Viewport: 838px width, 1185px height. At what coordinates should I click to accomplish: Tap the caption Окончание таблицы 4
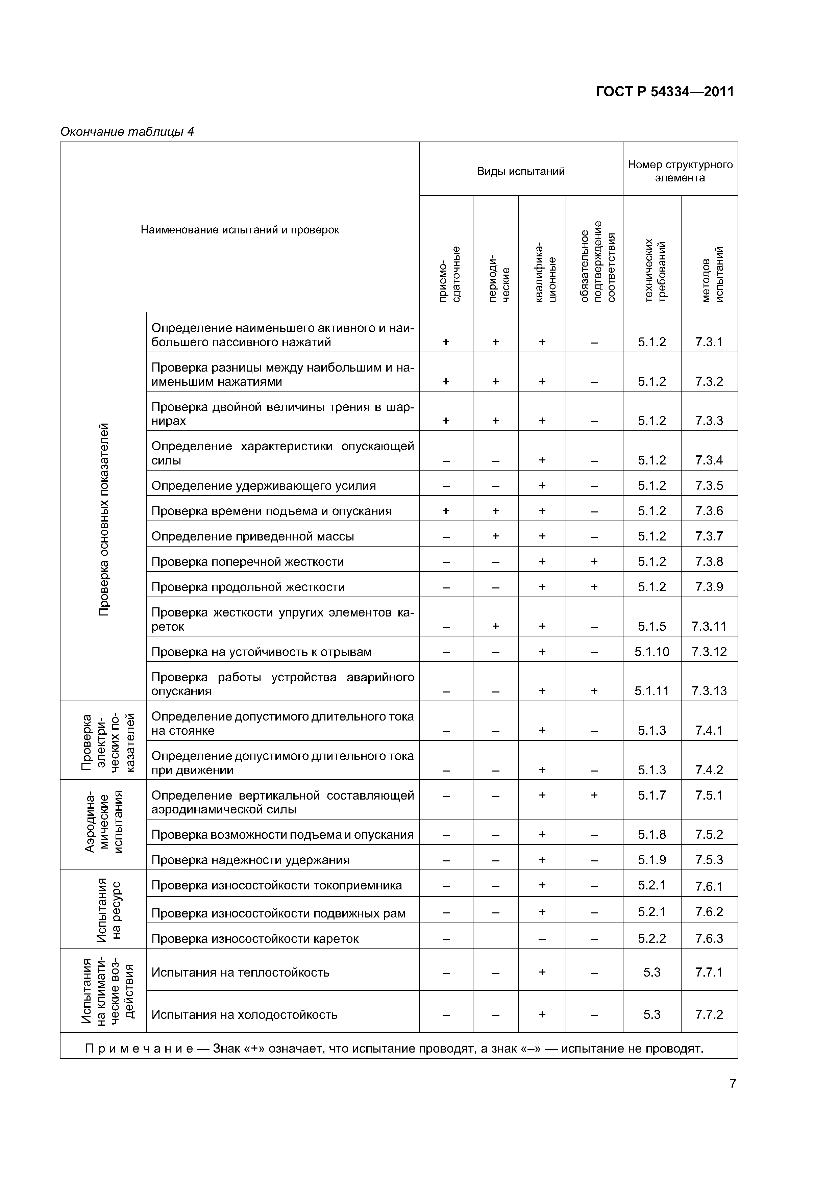tap(127, 132)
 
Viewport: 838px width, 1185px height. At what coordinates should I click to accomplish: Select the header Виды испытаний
tap(520, 171)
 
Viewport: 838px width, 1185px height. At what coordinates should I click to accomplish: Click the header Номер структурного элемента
tap(680, 171)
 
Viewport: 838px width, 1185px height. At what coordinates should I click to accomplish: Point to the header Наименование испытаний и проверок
tap(240, 230)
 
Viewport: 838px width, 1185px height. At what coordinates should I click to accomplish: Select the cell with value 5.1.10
tap(651, 652)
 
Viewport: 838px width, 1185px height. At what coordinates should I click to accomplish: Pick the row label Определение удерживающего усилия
tap(263, 486)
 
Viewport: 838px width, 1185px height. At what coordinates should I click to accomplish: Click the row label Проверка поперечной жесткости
tap(247, 561)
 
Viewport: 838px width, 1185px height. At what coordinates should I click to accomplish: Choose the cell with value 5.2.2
tap(651, 938)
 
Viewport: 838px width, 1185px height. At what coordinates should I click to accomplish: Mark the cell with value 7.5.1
tap(709, 795)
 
